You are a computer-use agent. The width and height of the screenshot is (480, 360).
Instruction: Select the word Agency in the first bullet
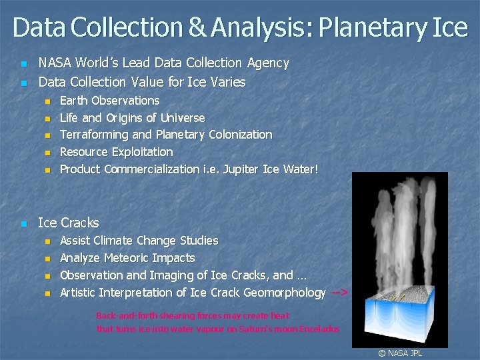267,63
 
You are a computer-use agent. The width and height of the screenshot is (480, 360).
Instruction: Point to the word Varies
227,83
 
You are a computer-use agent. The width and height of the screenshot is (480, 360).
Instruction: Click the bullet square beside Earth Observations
47,101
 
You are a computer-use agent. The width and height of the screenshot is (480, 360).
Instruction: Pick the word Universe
183,118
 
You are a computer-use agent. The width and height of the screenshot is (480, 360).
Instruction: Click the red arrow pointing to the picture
339,293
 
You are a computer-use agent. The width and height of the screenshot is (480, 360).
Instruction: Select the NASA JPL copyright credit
400,353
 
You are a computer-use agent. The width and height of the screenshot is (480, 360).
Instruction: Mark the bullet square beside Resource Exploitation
47,153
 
